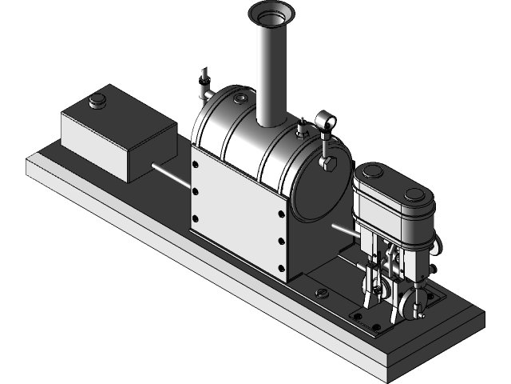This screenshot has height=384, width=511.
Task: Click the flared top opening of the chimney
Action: (x=271, y=14)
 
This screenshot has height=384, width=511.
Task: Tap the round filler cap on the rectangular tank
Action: (x=97, y=100)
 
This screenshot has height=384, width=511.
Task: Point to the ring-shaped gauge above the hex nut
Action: (x=326, y=122)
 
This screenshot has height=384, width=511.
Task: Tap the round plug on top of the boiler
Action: (x=239, y=98)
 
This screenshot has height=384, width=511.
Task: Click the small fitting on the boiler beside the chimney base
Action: (x=301, y=129)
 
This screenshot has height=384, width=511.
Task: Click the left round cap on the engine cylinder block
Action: (x=370, y=171)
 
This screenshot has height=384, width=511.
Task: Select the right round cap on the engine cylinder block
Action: (x=414, y=194)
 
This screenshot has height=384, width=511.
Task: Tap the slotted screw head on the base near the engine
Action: (x=323, y=293)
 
